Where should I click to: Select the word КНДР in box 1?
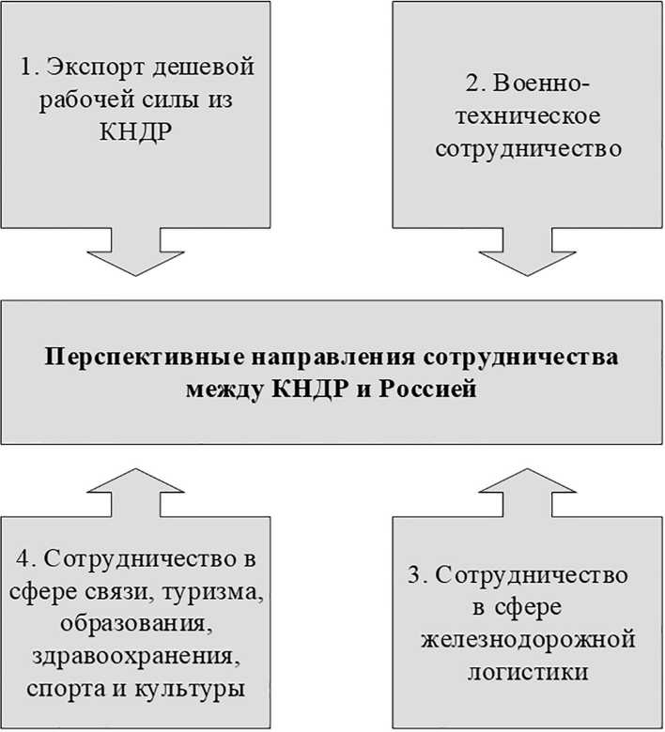coord(137,130)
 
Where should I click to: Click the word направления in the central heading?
coord(319,359)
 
